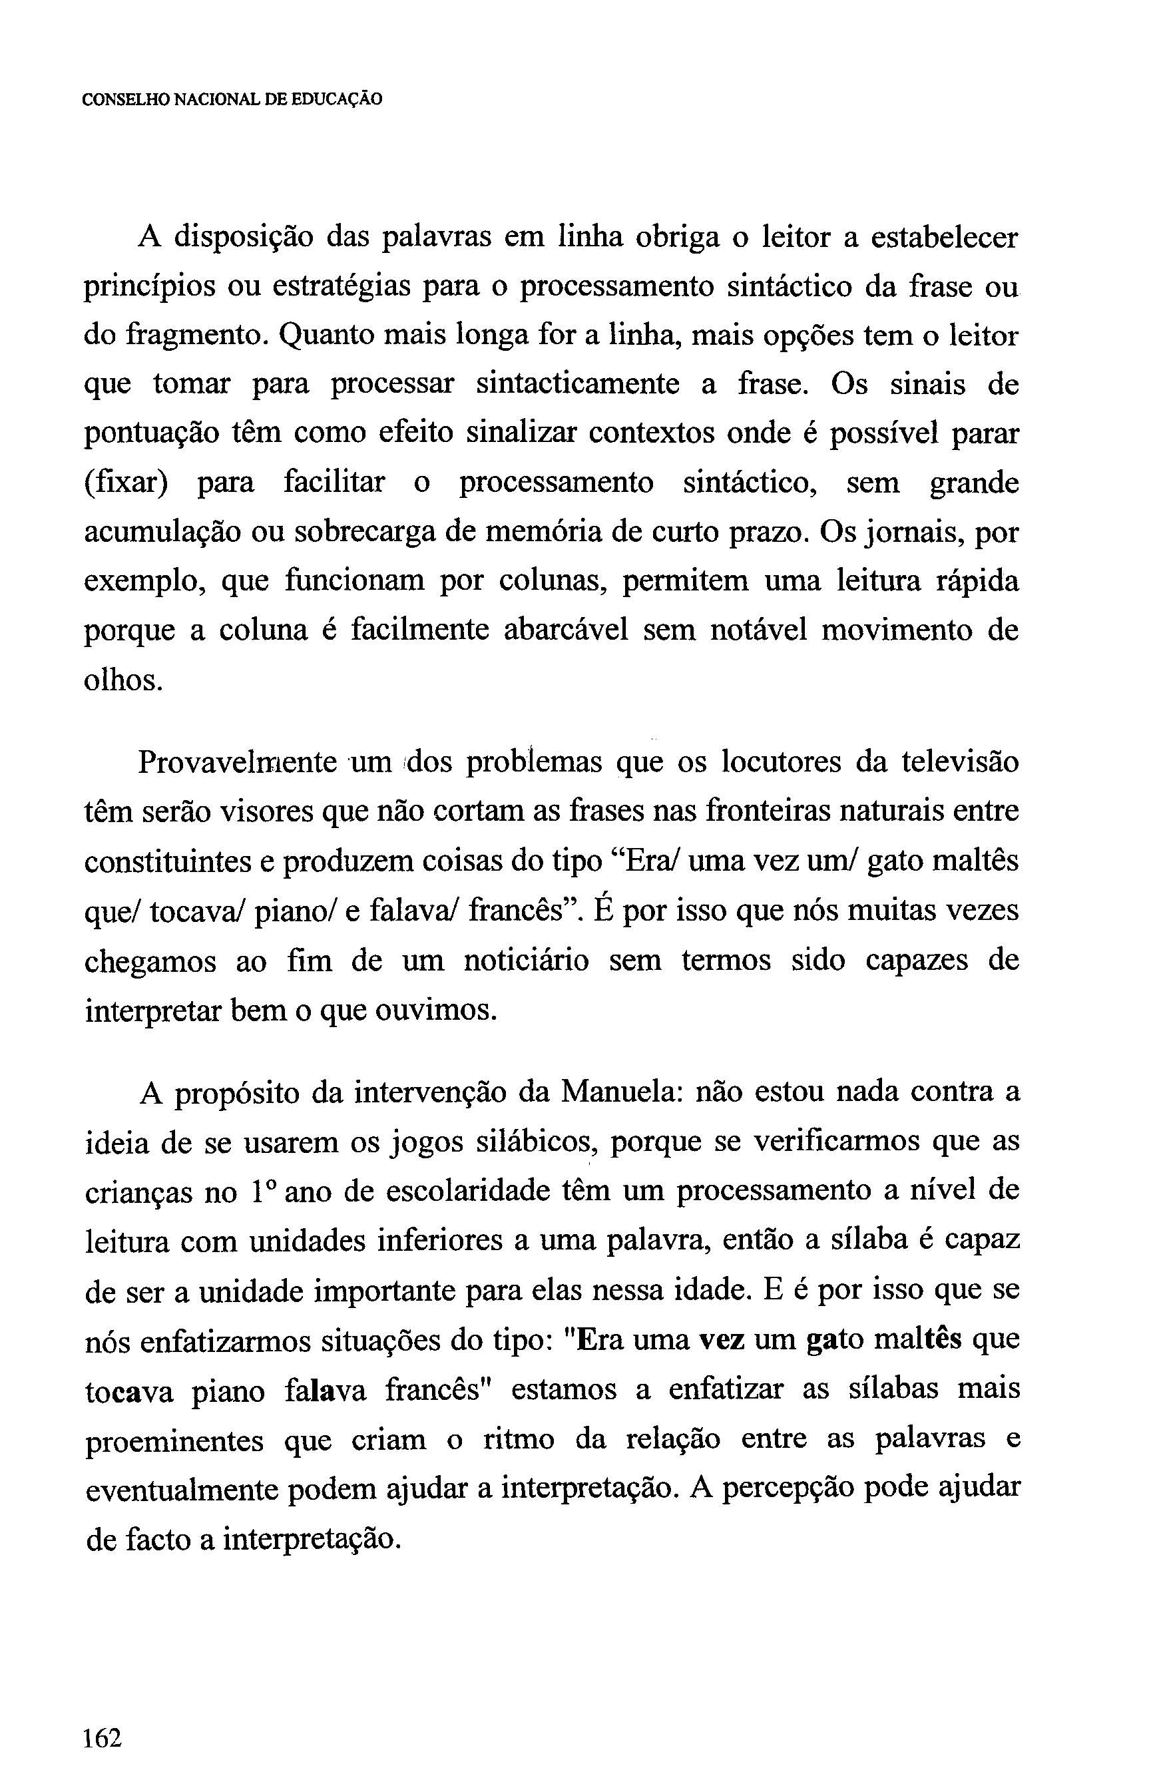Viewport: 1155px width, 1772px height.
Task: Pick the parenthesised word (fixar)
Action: coord(126,484)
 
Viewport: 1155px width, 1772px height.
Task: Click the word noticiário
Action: coord(525,961)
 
